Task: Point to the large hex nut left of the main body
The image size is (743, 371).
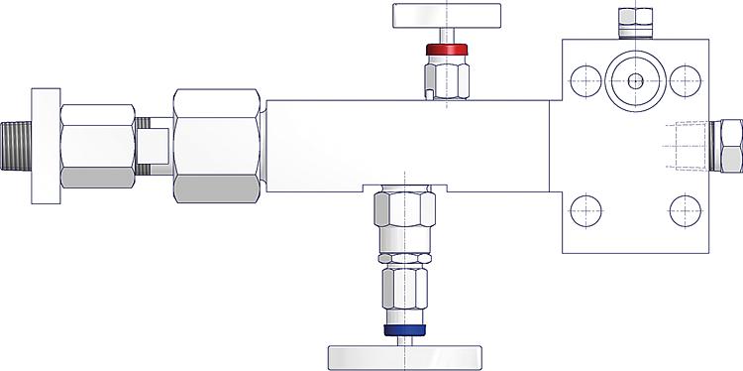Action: (217, 145)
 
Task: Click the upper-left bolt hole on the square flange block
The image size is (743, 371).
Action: (585, 81)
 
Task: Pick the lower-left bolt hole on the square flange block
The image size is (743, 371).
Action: (585, 210)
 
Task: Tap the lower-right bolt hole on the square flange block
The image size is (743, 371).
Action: (686, 210)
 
